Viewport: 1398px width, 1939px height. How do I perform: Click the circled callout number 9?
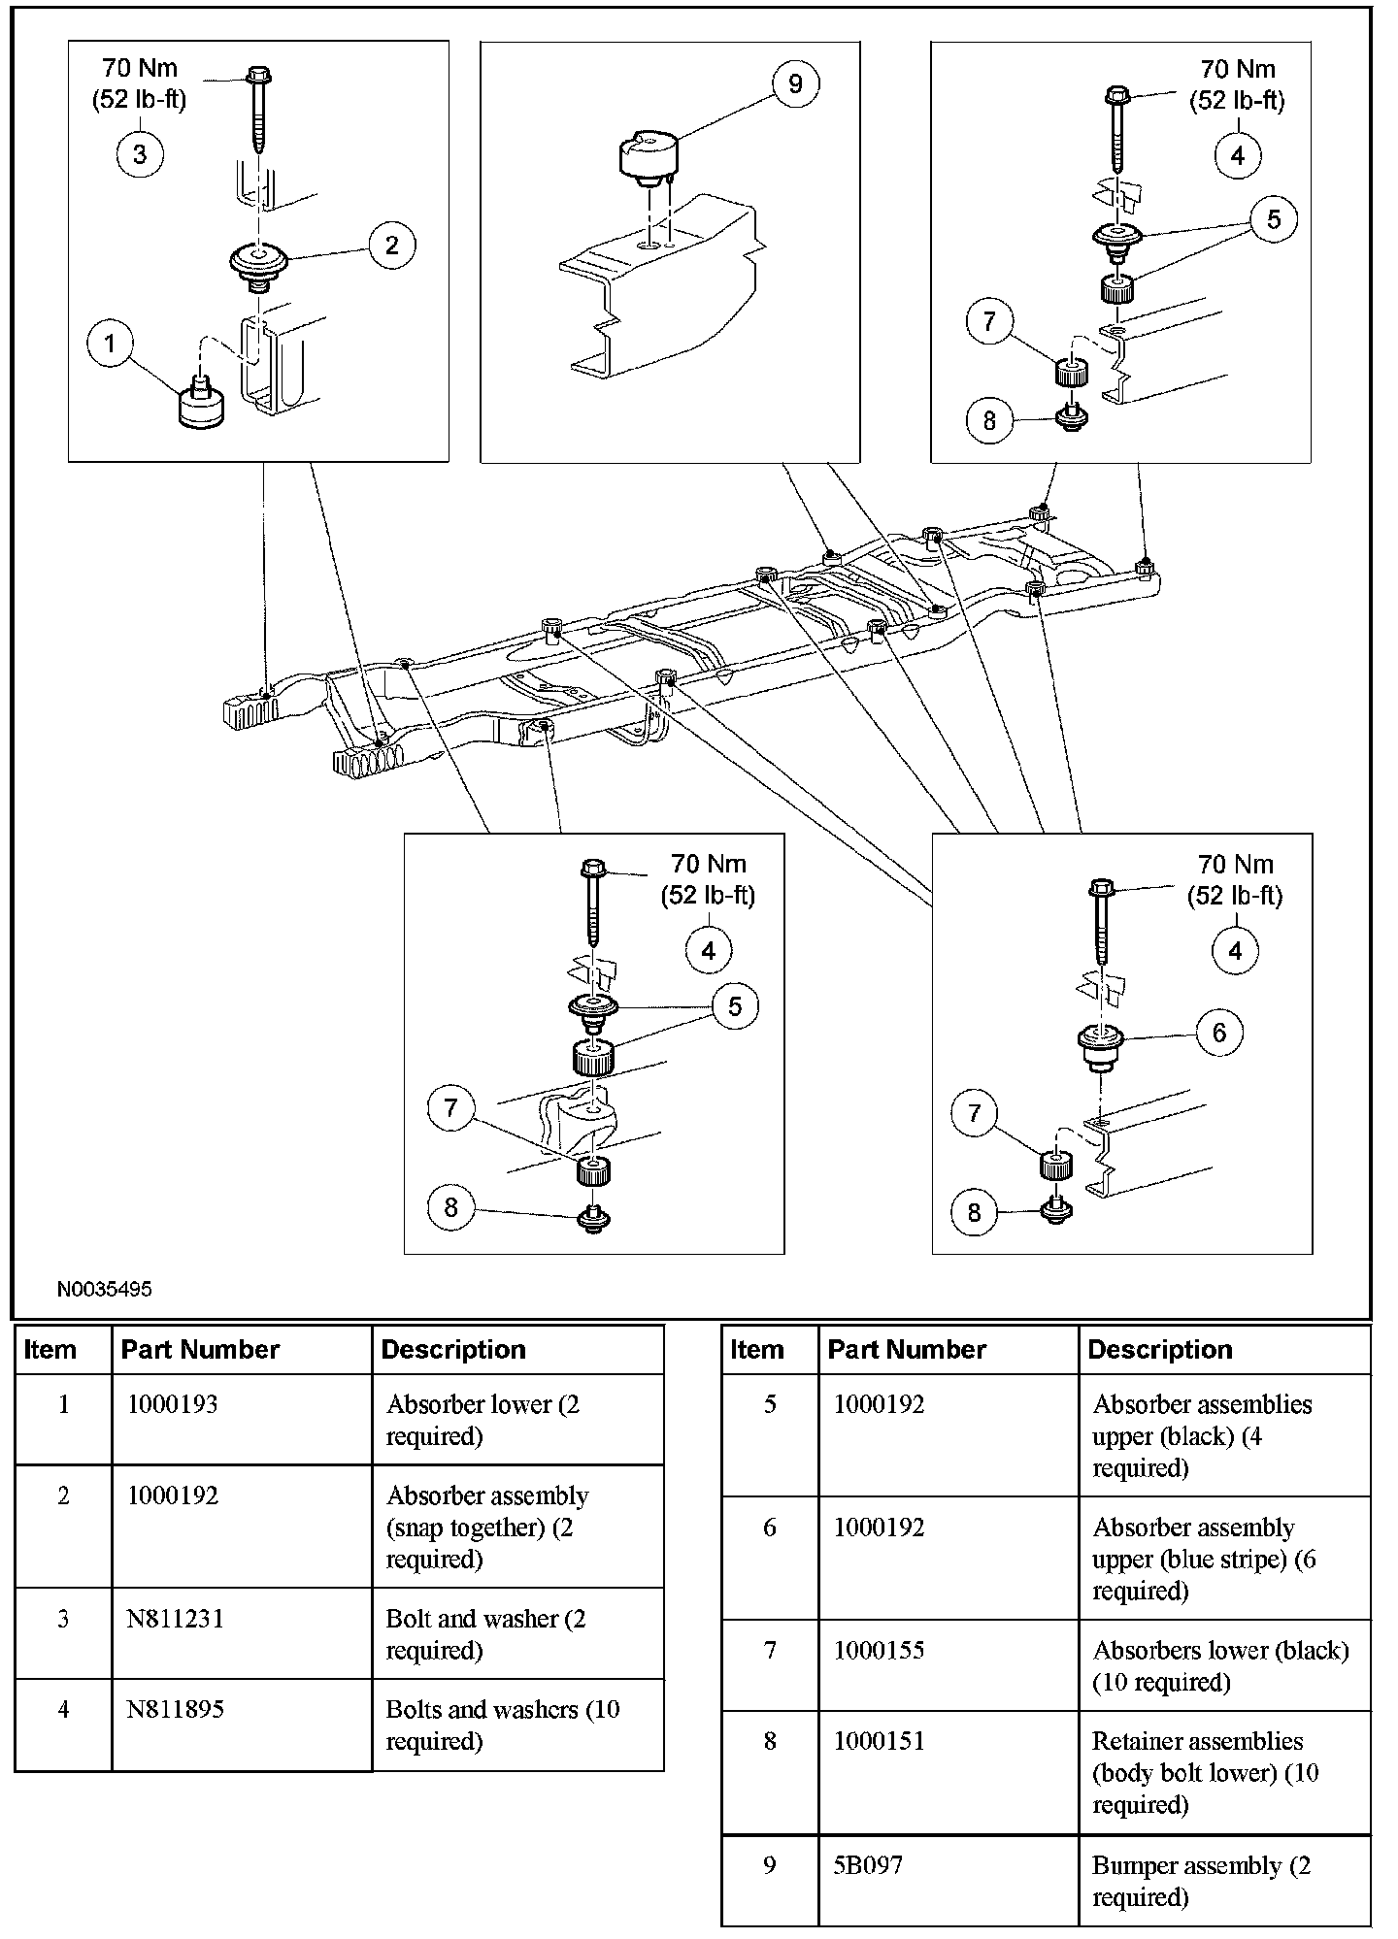(x=795, y=83)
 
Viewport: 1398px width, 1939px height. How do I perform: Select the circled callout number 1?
(x=110, y=343)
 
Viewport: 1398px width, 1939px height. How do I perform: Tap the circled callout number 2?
(x=391, y=245)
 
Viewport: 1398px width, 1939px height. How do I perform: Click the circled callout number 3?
(x=140, y=154)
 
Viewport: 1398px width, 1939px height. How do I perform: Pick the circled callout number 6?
(x=1219, y=1033)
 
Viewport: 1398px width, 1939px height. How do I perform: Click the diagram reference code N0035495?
(x=104, y=1290)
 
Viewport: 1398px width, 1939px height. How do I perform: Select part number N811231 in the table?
(x=175, y=1619)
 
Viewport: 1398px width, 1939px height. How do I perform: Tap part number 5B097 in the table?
(x=867, y=1864)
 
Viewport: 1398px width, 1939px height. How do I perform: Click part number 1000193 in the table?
(x=174, y=1403)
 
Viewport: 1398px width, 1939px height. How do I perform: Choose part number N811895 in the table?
(x=175, y=1709)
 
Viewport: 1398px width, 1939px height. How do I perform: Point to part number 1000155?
(x=879, y=1650)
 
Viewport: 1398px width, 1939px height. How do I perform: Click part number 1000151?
(x=879, y=1741)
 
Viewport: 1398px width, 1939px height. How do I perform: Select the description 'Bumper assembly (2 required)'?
(x=1201, y=1880)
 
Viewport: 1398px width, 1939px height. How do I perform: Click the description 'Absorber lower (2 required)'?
(x=483, y=1419)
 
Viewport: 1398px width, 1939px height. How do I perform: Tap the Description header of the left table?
(x=453, y=1349)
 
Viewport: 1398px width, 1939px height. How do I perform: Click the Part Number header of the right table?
(x=907, y=1349)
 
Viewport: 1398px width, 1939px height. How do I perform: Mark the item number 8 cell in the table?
(x=770, y=1741)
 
